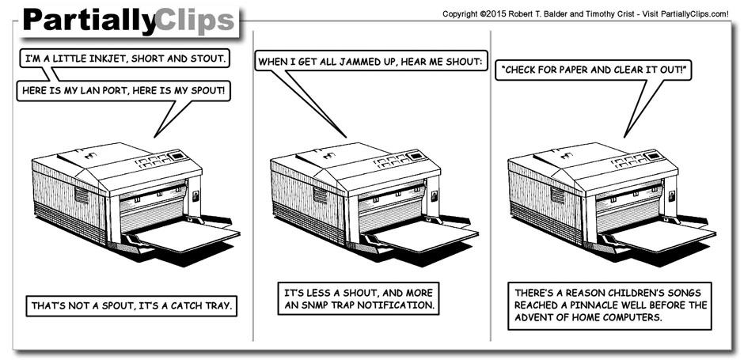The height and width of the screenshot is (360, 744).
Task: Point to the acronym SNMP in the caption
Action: click(x=313, y=305)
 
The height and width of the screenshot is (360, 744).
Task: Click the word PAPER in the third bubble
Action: click(x=572, y=70)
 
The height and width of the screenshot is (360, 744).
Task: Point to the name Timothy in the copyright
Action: click(x=600, y=14)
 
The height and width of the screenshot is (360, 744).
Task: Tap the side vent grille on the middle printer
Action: click(x=320, y=195)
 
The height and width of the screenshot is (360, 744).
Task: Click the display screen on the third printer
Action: click(x=653, y=156)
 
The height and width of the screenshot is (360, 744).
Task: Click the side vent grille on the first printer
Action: click(x=82, y=195)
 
